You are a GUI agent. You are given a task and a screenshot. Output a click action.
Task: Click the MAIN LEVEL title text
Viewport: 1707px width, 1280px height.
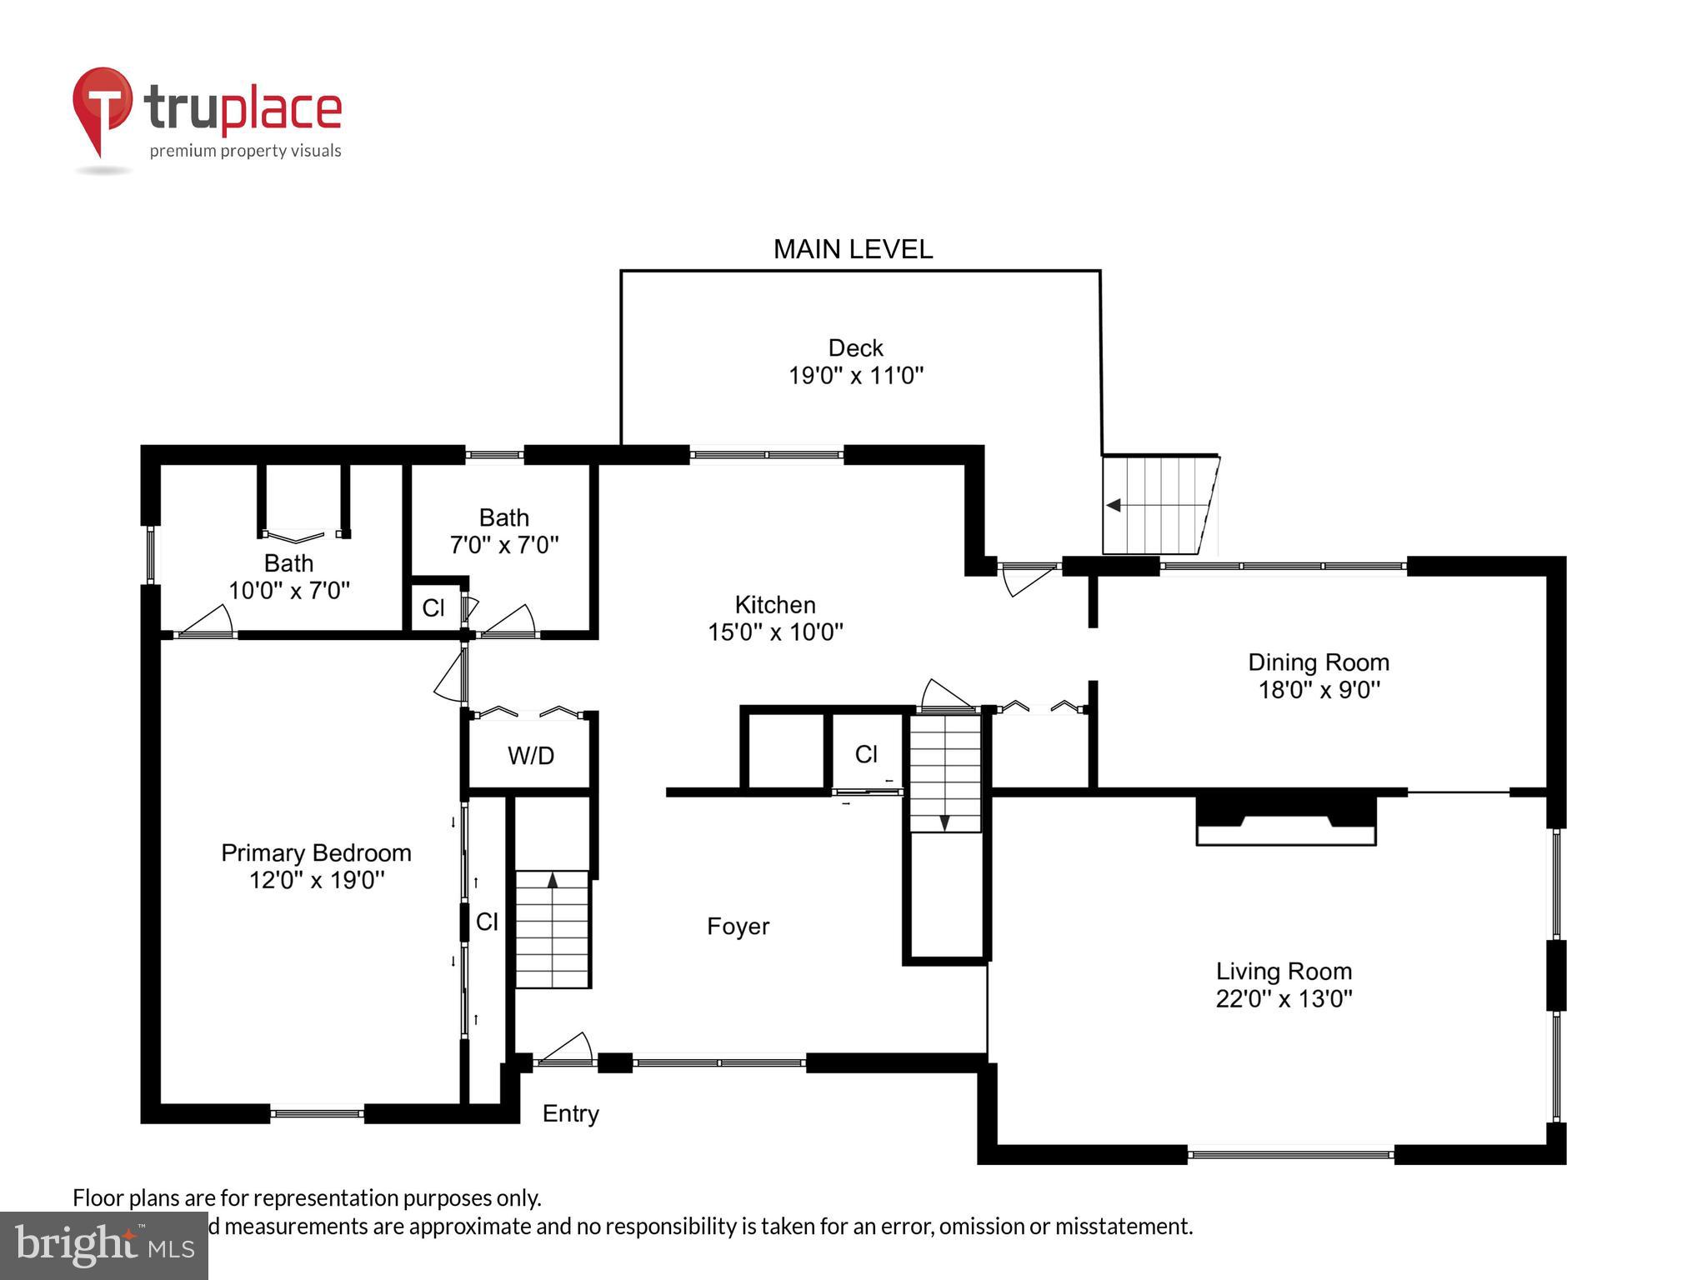point(853,249)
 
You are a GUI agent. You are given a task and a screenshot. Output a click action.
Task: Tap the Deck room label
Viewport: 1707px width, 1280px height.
point(855,347)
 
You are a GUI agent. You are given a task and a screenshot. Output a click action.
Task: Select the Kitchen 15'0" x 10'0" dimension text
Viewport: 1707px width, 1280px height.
point(775,632)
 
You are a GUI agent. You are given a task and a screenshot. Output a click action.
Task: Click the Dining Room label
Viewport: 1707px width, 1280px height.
point(1318,662)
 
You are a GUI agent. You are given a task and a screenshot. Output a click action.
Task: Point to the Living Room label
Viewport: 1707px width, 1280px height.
point(1284,971)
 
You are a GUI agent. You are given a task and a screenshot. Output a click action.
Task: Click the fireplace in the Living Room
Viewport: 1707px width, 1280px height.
point(1285,822)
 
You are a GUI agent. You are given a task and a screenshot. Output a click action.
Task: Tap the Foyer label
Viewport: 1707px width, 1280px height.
point(738,927)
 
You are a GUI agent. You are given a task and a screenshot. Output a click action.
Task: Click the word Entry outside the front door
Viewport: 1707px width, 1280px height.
point(570,1113)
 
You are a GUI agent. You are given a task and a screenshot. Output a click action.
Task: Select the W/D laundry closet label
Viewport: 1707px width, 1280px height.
point(531,756)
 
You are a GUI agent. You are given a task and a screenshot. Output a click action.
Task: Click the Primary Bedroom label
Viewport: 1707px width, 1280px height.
point(316,852)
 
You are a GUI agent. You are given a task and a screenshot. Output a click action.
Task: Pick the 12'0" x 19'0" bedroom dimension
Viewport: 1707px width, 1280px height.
point(317,880)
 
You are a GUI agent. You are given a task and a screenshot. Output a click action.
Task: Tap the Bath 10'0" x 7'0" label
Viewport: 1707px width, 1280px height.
point(289,577)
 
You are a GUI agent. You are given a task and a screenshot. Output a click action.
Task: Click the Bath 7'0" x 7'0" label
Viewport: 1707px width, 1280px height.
point(504,531)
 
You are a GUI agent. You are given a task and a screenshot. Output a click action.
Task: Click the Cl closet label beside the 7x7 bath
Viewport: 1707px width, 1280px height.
point(433,608)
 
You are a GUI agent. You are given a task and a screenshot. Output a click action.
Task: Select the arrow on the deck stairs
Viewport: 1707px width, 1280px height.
point(1114,505)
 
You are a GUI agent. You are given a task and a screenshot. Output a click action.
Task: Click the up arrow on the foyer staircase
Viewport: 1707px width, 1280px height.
point(552,879)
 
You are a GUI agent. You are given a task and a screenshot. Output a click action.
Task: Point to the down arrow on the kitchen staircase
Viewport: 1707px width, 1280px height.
point(944,822)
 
